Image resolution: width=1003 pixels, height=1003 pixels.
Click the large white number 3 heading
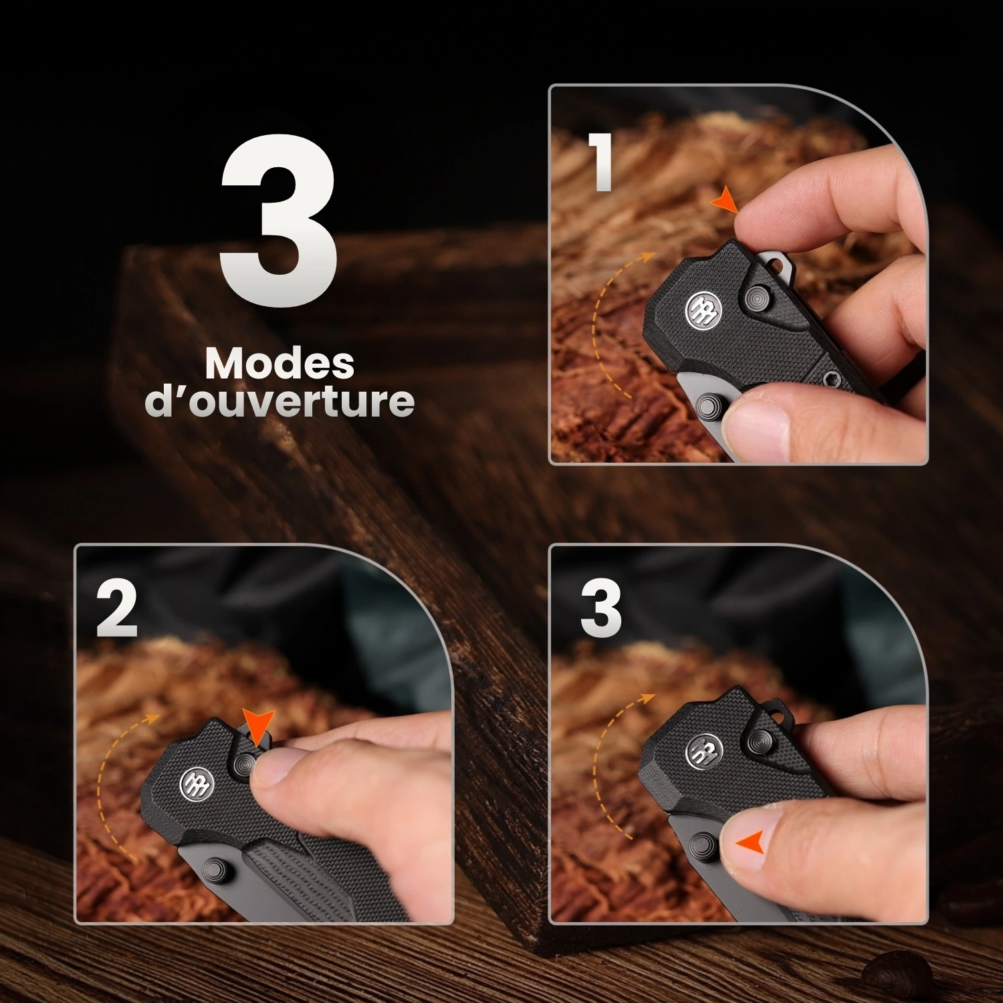pyautogui.click(x=278, y=221)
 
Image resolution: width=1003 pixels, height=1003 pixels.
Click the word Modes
pyautogui.click(x=280, y=364)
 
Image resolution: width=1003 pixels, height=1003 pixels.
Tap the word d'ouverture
pyautogui.click(x=280, y=401)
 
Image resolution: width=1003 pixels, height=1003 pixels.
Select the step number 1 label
pyautogui.click(x=602, y=162)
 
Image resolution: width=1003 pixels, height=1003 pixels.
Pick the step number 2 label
pyautogui.click(x=116, y=609)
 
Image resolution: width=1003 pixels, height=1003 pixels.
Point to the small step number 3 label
pyautogui.click(x=600, y=609)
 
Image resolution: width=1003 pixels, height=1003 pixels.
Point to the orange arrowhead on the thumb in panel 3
pyautogui.click(x=750, y=843)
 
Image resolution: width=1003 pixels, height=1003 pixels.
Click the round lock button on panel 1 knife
pyautogui.click(x=760, y=297)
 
